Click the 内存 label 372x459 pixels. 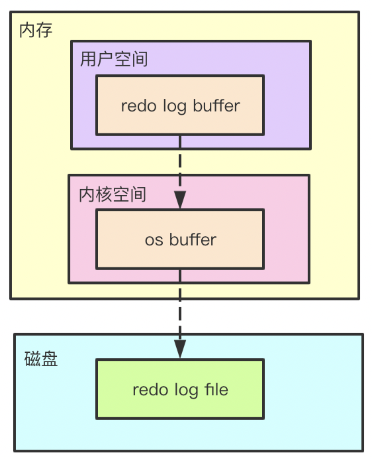click(x=35, y=31)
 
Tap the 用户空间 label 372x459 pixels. click(x=113, y=60)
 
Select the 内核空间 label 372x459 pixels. click(x=112, y=194)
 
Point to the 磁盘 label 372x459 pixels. click(x=41, y=360)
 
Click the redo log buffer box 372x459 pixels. click(x=180, y=105)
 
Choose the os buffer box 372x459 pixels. click(x=180, y=239)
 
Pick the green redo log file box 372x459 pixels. click(x=180, y=389)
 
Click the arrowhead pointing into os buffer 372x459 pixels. click(x=180, y=198)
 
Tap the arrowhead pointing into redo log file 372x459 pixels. click(x=180, y=348)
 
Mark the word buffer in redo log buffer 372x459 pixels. click(x=216, y=105)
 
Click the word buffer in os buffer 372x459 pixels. click(x=192, y=239)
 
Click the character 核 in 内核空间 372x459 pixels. click(x=104, y=194)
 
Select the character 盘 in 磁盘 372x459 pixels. click(x=50, y=360)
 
